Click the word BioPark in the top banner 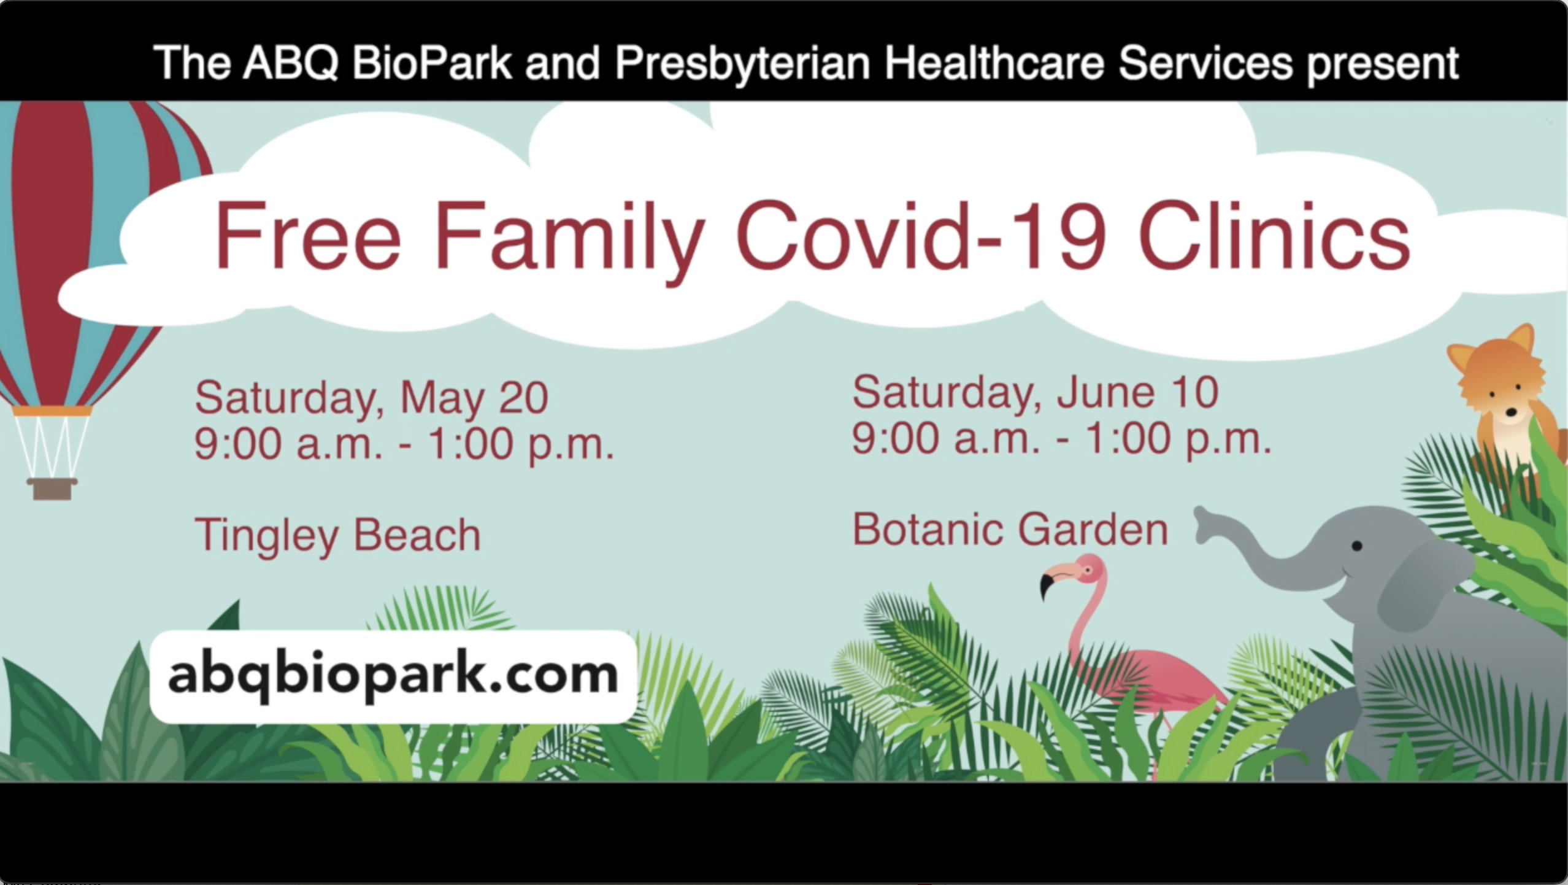431,63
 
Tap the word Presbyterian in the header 742,64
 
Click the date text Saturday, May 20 371,398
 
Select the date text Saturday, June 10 1035,393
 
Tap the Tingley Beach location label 337,535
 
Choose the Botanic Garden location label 1010,530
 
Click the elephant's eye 1357,546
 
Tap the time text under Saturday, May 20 404,444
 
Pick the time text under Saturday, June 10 1061,439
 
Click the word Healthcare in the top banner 994,63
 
